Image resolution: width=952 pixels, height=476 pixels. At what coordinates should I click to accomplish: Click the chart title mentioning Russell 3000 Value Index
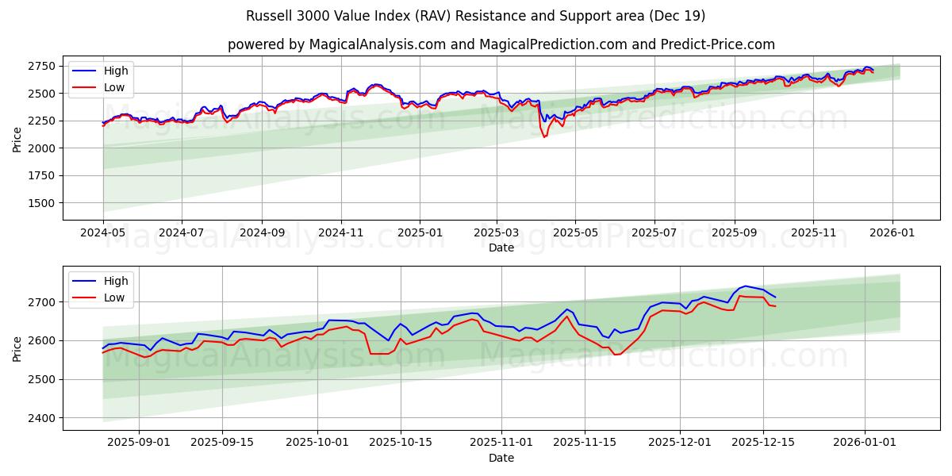(476, 16)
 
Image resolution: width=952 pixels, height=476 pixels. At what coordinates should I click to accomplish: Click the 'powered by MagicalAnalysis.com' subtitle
(501, 44)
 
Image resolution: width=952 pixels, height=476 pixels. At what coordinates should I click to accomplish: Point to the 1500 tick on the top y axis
(40, 203)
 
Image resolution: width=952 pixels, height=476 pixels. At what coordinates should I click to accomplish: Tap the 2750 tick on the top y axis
(40, 66)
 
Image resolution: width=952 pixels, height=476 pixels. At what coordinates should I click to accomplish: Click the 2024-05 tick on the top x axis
(103, 233)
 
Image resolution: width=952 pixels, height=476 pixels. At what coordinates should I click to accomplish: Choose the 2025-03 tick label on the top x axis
(497, 233)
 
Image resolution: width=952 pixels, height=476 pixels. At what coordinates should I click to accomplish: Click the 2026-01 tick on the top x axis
(892, 233)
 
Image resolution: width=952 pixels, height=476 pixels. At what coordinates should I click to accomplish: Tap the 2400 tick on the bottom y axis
(40, 418)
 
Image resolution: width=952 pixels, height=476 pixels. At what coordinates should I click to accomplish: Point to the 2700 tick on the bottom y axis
(40, 302)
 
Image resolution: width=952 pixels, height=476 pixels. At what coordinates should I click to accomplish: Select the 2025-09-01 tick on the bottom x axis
(139, 443)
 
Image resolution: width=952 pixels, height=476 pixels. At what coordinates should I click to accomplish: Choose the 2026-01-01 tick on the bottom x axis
(865, 443)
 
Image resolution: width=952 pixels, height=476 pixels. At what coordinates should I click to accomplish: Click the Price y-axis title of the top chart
(17, 139)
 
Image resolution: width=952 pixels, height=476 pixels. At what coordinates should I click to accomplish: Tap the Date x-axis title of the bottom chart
(501, 458)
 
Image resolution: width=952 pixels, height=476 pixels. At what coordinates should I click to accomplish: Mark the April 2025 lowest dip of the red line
(544, 137)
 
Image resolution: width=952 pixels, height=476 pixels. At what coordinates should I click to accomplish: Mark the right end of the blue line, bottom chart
(775, 297)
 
